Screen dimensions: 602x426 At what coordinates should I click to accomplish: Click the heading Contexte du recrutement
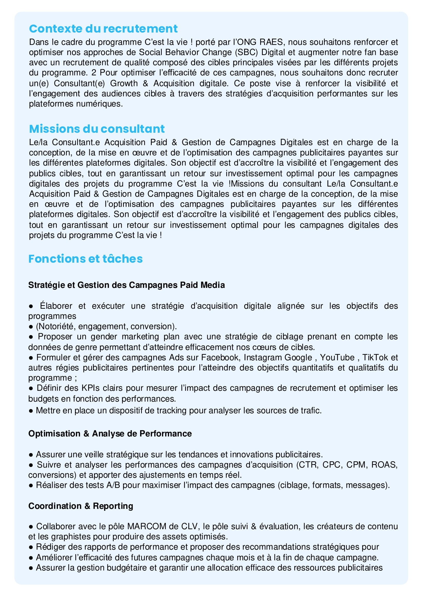(103, 29)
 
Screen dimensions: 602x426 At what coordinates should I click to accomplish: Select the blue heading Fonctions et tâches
(86, 259)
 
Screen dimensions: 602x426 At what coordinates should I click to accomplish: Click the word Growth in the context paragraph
(124, 83)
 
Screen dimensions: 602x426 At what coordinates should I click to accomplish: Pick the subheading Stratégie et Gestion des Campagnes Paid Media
(126, 285)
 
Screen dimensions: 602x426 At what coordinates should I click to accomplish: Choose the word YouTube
(337, 357)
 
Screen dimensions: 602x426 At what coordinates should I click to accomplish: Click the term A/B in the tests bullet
(113, 485)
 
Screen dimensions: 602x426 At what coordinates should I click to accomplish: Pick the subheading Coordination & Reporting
(80, 506)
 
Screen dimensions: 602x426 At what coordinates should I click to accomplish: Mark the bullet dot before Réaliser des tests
(31, 485)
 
